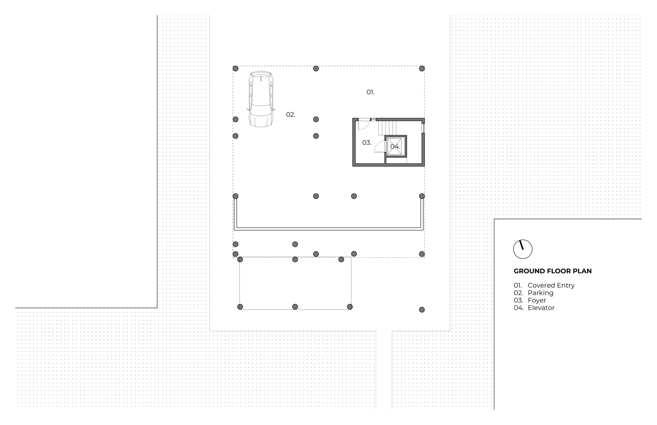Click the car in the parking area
coord(261,99)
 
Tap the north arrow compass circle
coord(522,249)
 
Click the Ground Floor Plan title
coord(552,271)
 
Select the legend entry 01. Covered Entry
coord(544,285)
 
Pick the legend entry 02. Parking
coord(533,293)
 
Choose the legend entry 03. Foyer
coord(530,300)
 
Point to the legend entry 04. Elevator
coord(534,308)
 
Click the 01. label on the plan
coord(371,92)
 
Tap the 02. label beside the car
coord(290,115)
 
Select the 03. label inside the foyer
coord(367,143)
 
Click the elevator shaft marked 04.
coord(396,147)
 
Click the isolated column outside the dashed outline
coord(422,310)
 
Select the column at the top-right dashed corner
coord(422,69)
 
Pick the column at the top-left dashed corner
coord(235,69)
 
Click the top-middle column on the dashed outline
coord(316,69)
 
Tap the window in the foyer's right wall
coord(423,128)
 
